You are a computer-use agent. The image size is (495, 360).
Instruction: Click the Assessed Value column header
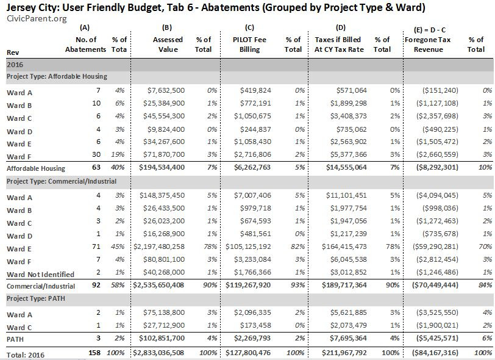pyautogui.click(x=168, y=45)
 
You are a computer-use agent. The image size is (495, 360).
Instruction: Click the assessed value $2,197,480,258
pyautogui.click(x=161, y=249)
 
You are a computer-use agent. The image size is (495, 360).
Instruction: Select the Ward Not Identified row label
pyautogui.click(x=40, y=275)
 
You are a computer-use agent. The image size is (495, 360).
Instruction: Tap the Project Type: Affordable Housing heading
pyautogui.click(x=57, y=76)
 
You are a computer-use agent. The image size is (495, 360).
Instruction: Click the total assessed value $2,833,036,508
pyautogui.click(x=160, y=353)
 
